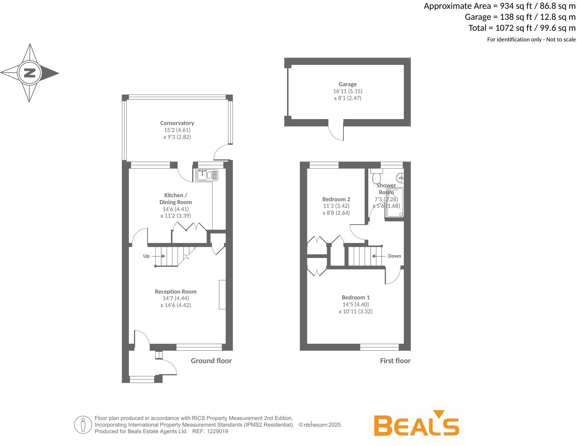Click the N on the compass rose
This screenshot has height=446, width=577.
(x=29, y=73)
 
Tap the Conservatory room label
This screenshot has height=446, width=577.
(x=177, y=123)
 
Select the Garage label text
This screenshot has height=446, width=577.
(x=347, y=84)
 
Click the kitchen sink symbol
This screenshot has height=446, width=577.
(x=207, y=175)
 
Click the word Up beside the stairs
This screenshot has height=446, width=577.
(x=146, y=256)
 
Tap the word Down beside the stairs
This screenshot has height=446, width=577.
(x=394, y=256)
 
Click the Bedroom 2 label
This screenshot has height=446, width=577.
(x=336, y=199)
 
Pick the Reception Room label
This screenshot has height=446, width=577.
(x=176, y=292)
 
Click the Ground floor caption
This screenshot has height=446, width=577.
(x=211, y=361)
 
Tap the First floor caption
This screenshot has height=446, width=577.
(x=395, y=361)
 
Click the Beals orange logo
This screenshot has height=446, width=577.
(x=416, y=425)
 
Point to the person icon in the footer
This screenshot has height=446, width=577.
(x=83, y=425)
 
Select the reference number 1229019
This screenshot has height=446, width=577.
(x=217, y=432)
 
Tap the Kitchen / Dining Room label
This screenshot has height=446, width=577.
(x=176, y=199)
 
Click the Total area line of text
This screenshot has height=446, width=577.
(x=522, y=28)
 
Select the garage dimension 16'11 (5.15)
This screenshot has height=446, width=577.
(x=347, y=91)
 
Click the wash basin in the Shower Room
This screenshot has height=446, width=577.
(x=401, y=178)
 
